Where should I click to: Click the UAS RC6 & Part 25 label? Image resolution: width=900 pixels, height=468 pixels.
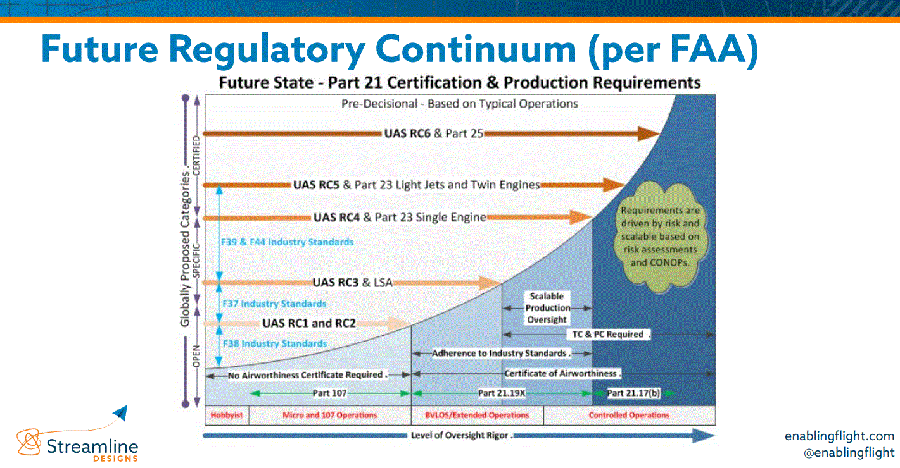click(x=434, y=133)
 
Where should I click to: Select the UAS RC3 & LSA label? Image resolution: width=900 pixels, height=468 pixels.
click(x=352, y=283)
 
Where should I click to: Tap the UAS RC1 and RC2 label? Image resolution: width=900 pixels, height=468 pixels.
click(x=309, y=323)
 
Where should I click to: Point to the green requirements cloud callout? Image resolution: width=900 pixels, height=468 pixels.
click(x=659, y=236)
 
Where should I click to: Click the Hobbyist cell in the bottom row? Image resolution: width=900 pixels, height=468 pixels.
click(x=226, y=416)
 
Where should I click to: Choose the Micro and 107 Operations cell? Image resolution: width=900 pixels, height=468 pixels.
click(x=329, y=416)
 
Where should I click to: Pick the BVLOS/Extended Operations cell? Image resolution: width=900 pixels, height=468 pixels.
click(x=478, y=416)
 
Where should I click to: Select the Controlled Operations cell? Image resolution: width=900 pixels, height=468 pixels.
click(x=629, y=416)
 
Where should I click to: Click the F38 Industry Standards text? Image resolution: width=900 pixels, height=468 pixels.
click(x=274, y=343)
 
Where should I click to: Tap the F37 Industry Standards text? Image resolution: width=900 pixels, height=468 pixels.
click(x=274, y=304)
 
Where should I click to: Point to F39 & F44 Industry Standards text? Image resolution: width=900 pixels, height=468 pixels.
click(x=288, y=242)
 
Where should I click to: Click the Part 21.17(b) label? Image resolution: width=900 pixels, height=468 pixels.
click(x=633, y=393)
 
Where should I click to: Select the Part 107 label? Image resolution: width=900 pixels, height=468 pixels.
click(x=329, y=393)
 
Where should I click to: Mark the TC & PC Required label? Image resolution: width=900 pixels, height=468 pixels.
click(x=607, y=335)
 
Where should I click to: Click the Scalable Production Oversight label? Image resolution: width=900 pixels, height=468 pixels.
click(x=547, y=308)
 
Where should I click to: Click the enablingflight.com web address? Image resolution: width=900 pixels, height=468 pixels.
click(x=839, y=436)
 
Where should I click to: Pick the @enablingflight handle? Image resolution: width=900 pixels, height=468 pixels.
click(x=849, y=452)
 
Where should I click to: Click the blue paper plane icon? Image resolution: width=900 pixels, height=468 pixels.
click(x=120, y=414)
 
